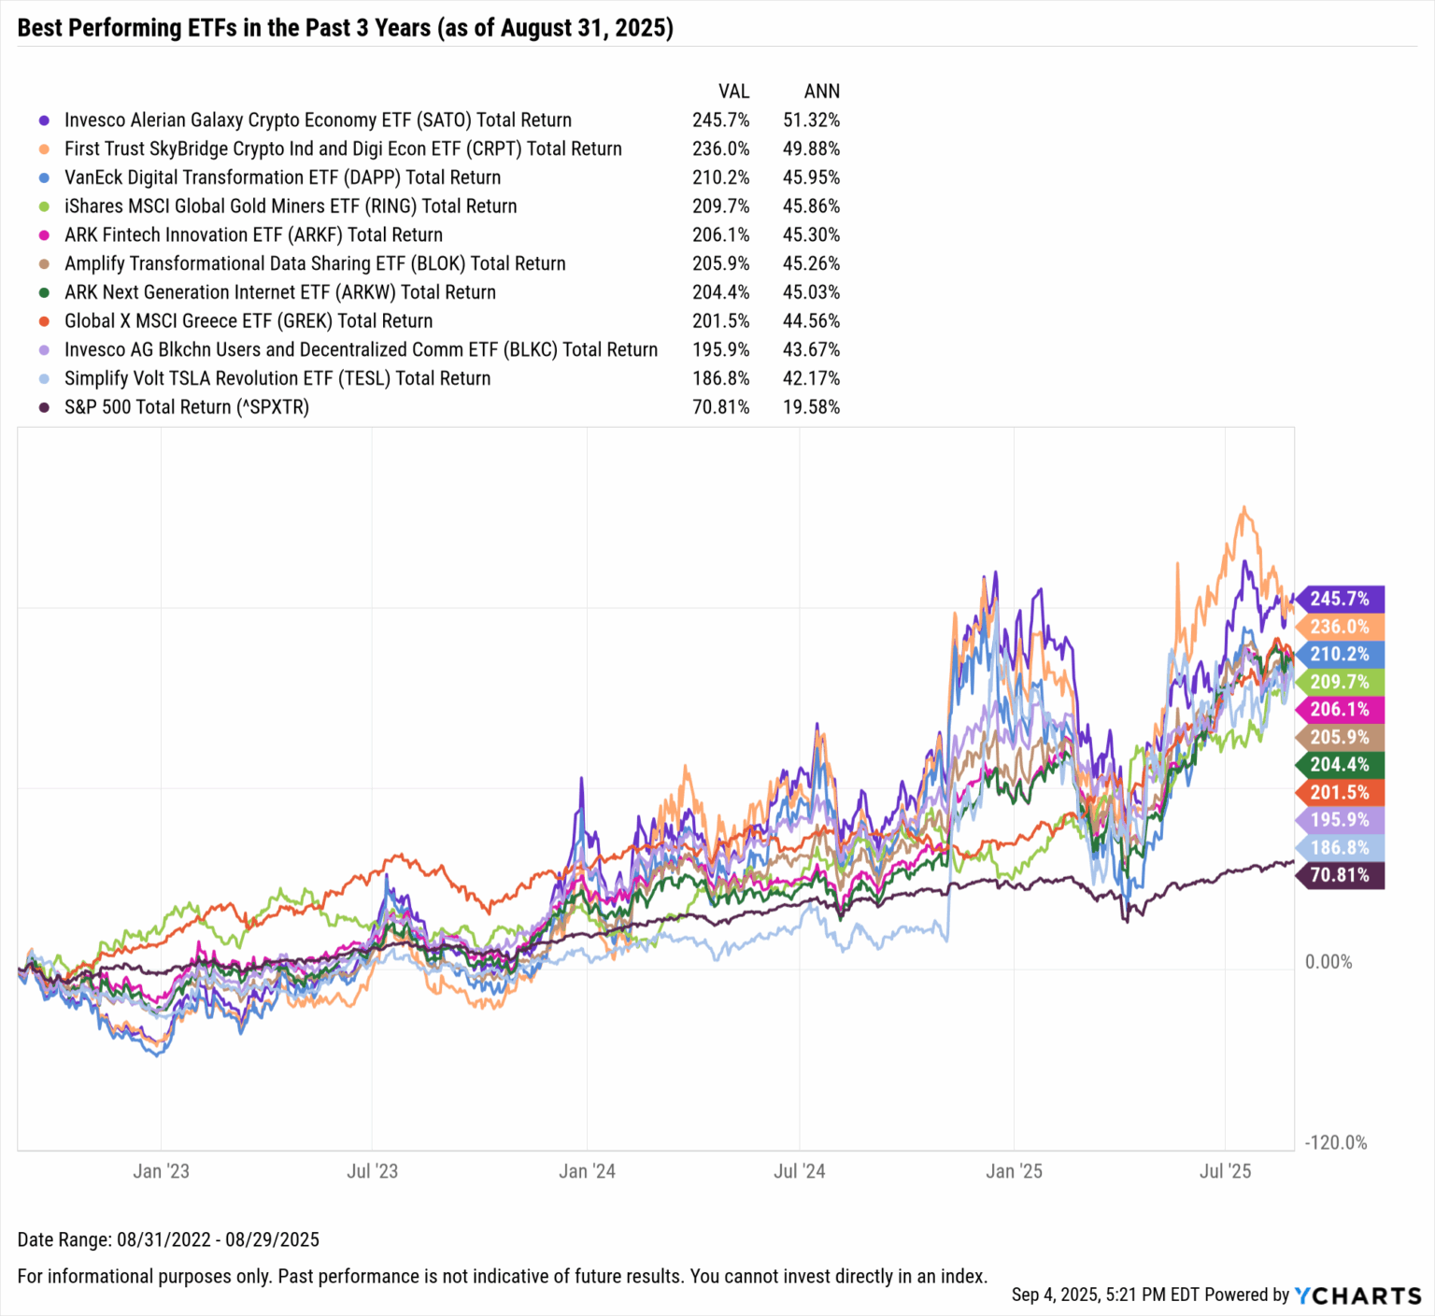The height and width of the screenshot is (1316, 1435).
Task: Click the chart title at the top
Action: (345, 28)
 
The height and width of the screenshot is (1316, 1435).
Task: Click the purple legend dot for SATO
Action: (44, 120)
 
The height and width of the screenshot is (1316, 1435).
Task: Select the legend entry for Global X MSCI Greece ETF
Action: (249, 321)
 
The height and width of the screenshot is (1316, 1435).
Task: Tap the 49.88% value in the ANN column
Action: (811, 149)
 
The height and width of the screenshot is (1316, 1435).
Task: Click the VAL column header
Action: (733, 92)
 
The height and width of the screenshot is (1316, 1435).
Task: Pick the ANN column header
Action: (821, 92)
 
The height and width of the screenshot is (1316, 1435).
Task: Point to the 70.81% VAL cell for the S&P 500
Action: (720, 407)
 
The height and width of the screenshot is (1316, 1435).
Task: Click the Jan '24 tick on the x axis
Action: (587, 1171)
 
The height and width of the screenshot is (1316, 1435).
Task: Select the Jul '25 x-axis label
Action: (1225, 1171)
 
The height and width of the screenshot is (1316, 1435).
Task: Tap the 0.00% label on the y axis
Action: (1328, 962)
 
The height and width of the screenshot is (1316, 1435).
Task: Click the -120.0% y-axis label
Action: (1336, 1143)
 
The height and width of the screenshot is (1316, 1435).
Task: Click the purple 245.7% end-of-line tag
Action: (1340, 599)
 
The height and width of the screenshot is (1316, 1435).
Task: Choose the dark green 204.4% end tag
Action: (1340, 765)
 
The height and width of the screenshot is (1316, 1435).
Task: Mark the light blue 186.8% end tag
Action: (1340, 848)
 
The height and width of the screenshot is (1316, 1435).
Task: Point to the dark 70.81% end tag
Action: (1340, 875)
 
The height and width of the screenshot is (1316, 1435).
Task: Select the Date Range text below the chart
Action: (168, 1240)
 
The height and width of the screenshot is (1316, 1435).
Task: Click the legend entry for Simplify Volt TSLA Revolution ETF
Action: (277, 379)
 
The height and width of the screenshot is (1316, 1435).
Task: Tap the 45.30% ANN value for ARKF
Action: (811, 235)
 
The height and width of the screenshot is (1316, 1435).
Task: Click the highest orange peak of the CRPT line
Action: (1243, 508)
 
